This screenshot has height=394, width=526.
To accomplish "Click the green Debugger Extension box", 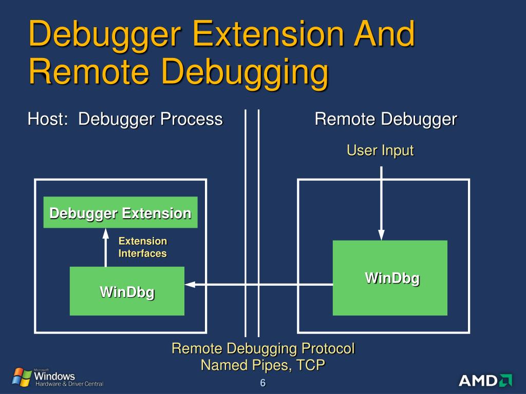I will (120, 212).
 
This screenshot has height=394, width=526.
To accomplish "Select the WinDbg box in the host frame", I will (127, 291).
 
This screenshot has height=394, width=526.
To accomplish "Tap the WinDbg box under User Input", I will (390, 278).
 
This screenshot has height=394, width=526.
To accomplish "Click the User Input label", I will (380, 150).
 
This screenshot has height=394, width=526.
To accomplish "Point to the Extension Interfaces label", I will (143, 247).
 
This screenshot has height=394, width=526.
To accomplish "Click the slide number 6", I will (263, 384).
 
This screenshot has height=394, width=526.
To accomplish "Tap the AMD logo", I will (485, 380).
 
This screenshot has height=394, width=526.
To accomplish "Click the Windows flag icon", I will (22, 377).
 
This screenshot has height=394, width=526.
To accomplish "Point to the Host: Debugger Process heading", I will (125, 120).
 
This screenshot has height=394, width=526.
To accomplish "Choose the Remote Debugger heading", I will (386, 120).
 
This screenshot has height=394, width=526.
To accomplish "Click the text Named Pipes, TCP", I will (263, 365).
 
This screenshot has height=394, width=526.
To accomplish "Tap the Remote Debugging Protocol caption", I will (263, 349).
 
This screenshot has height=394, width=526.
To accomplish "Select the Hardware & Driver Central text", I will (69, 384).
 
